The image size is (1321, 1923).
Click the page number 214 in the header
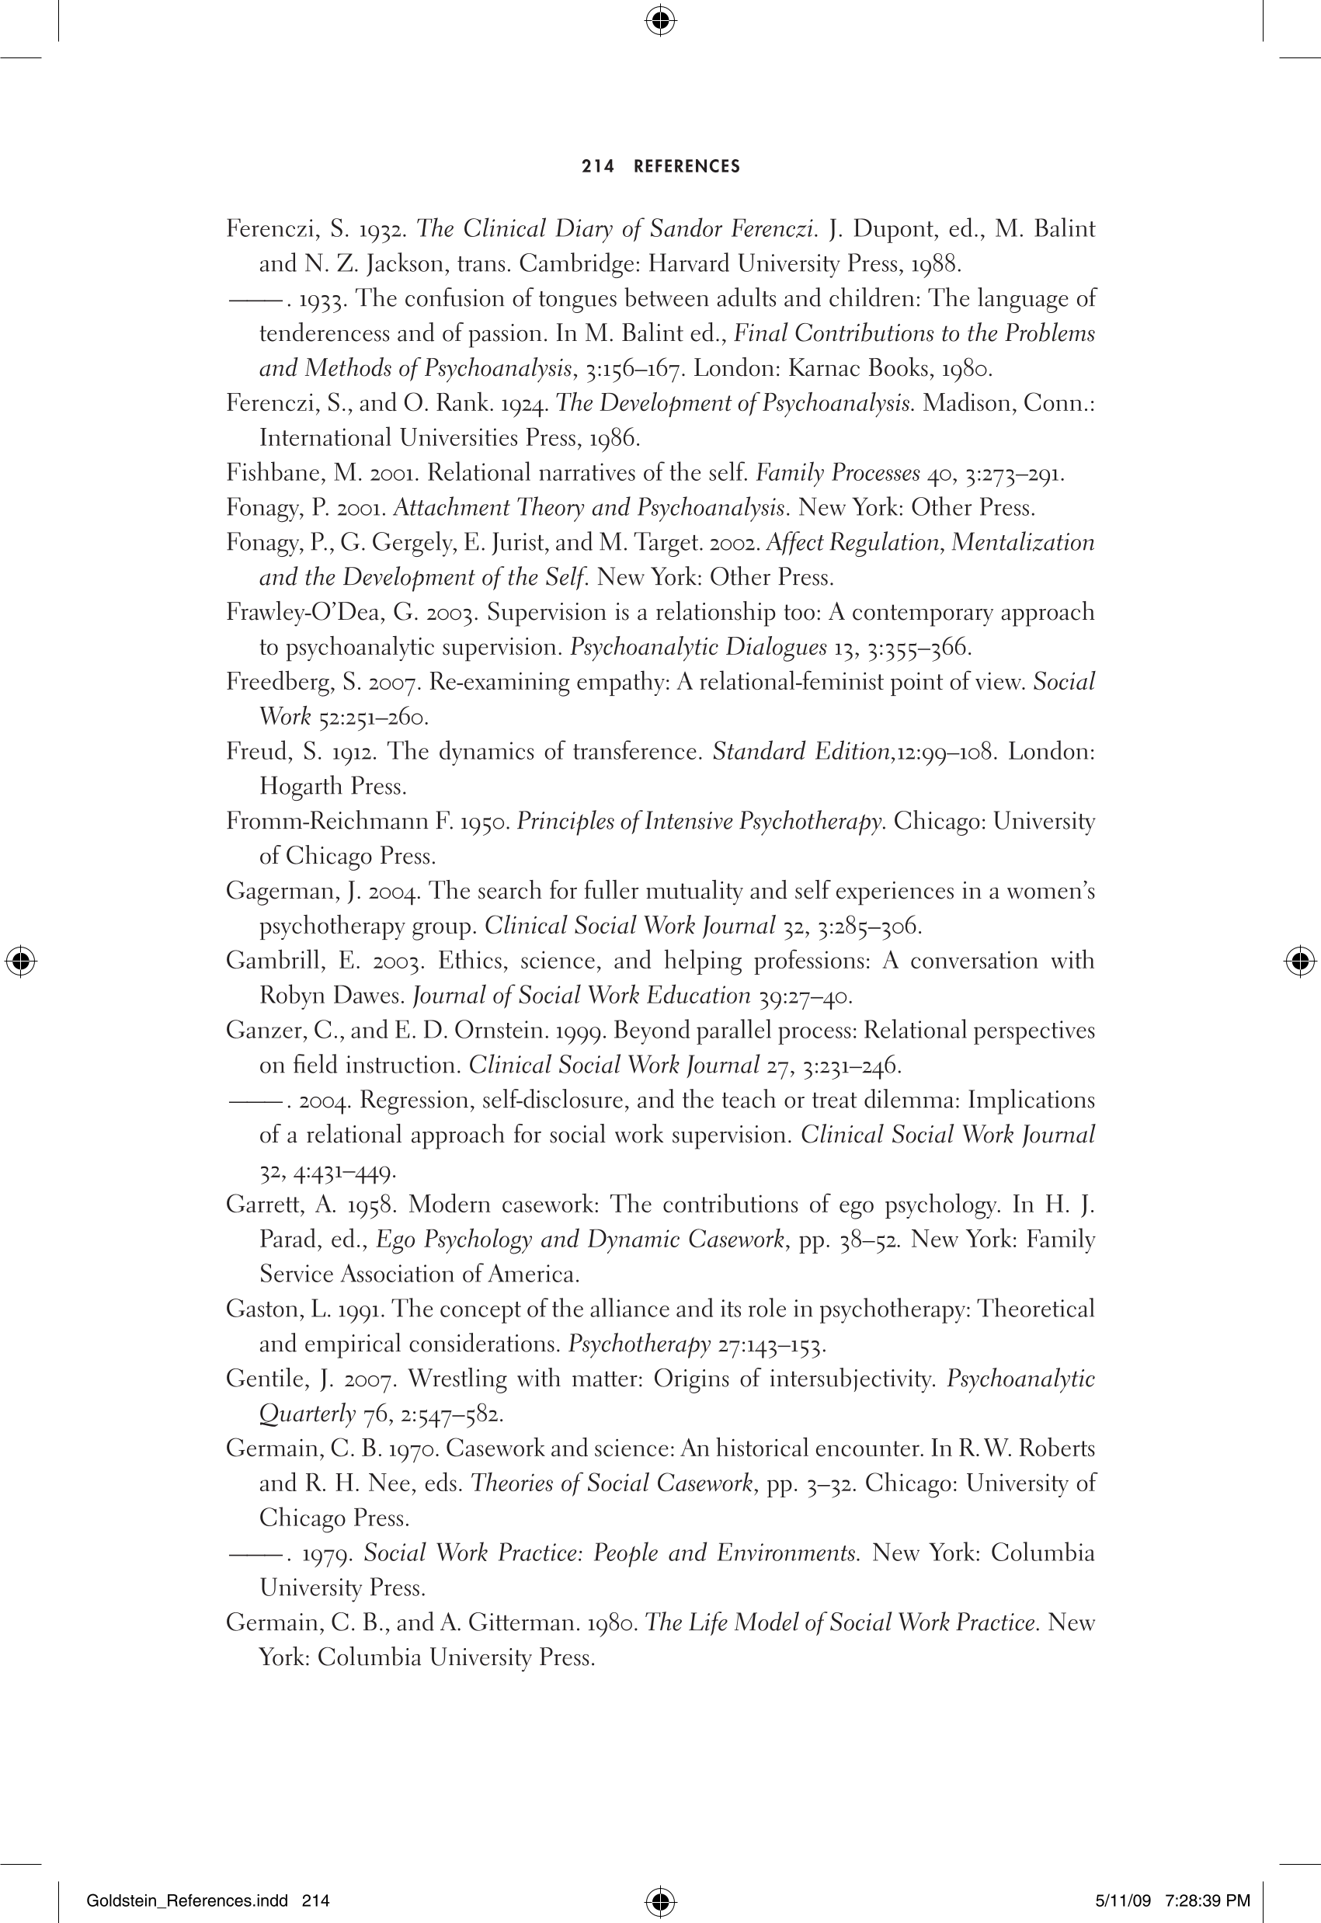598,166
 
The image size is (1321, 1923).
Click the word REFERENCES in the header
687,166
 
